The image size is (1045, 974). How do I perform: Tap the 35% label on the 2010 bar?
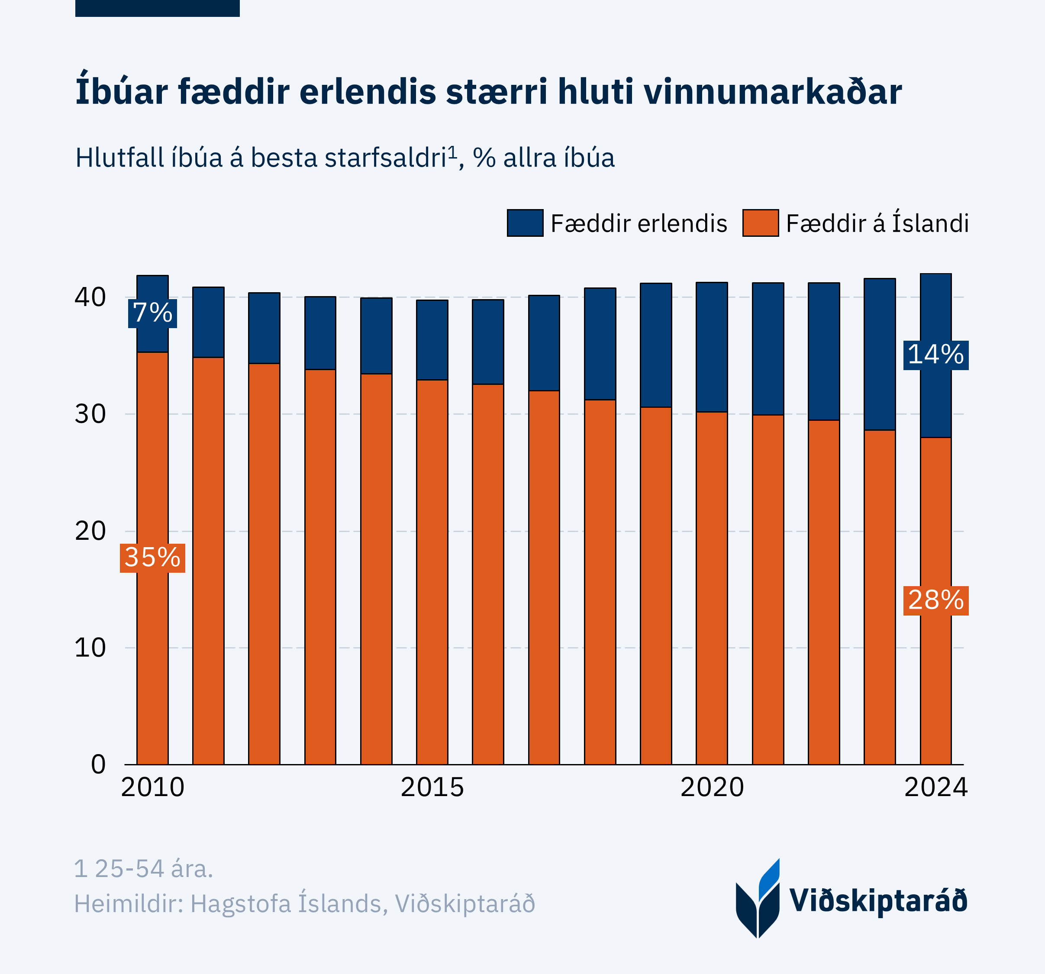[x=152, y=558]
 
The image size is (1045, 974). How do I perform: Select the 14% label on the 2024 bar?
[x=935, y=355]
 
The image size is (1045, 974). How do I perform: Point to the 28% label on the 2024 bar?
[x=935, y=600]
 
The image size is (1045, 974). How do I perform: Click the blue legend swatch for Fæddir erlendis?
[x=525, y=223]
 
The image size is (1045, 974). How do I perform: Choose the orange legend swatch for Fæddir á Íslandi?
[x=760, y=223]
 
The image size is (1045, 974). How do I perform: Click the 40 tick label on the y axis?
[x=90, y=297]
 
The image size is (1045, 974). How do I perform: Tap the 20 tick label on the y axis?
[x=90, y=531]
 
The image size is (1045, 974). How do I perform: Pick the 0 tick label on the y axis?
[x=98, y=764]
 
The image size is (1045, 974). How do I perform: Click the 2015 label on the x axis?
[x=432, y=787]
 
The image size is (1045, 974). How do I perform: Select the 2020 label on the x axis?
[x=712, y=787]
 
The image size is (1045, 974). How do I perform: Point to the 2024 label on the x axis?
[x=935, y=787]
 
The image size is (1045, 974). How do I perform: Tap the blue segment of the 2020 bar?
[x=712, y=347]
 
